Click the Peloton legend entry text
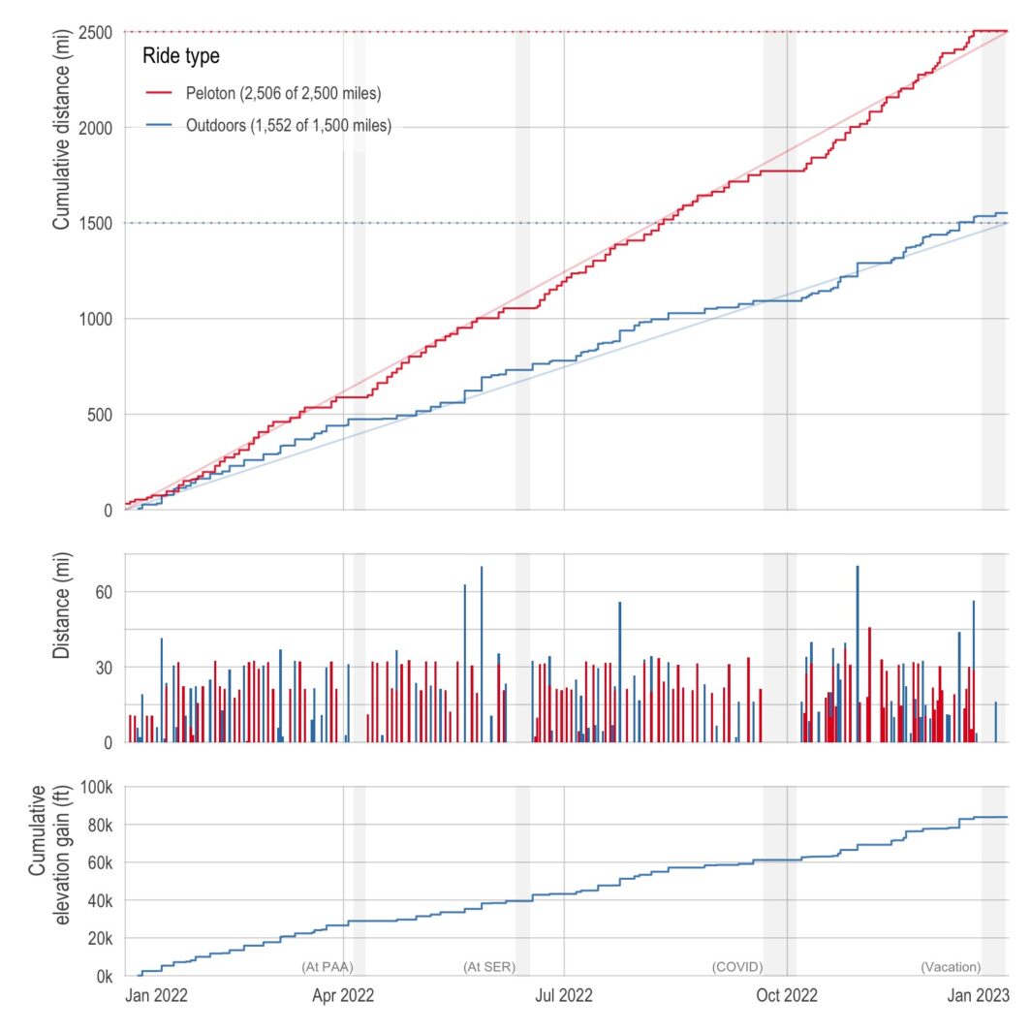coord(283,94)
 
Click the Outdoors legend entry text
coord(288,126)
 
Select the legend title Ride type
coord(180,56)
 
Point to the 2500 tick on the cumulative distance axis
coord(95,32)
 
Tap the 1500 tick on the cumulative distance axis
coord(95,223)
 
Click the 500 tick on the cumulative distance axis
coord(99,415)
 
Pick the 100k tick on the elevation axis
coord(95,787)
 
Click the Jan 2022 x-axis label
coord(156,996)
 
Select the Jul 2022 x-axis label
coord(564,996)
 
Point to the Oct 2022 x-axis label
coord(786,996)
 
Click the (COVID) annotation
coord(737,967)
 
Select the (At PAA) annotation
coord(328,967)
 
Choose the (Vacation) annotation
coord(951,967)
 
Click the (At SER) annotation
coord(489,967)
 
